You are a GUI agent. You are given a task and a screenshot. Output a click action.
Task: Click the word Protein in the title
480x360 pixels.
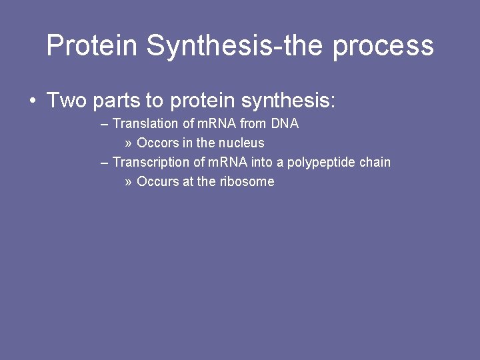pyautogui.click(x=92, y=46)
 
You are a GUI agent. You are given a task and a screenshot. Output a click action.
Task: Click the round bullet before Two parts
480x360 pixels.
pyautogui.click(x=32, y=101)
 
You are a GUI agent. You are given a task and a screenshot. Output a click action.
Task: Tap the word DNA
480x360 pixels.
pyautogui.click(x=285, y=124)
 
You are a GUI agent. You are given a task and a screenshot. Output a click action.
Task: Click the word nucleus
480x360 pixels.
pyautogui.click(x=239, y=143)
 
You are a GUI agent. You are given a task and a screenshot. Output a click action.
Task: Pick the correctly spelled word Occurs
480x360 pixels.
pyautogui.click(x=158, y=182)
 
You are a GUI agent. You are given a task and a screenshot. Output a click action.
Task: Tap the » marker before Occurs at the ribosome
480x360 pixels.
pyautogui.click(x=128, y=182)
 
